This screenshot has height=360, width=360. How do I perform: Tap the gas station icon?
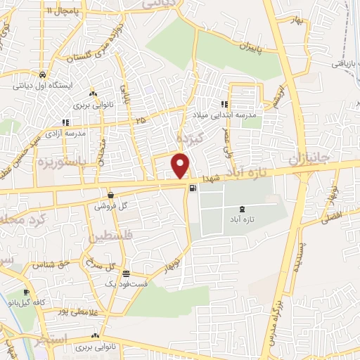[192, 188]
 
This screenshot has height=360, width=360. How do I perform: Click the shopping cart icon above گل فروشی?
[110, 195]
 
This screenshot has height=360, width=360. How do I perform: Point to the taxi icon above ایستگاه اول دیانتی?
[44, 75]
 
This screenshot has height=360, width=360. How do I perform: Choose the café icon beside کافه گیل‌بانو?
[26, 292]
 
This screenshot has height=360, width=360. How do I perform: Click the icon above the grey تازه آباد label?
[243, 208]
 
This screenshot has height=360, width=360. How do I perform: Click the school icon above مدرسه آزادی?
[65, 122]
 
